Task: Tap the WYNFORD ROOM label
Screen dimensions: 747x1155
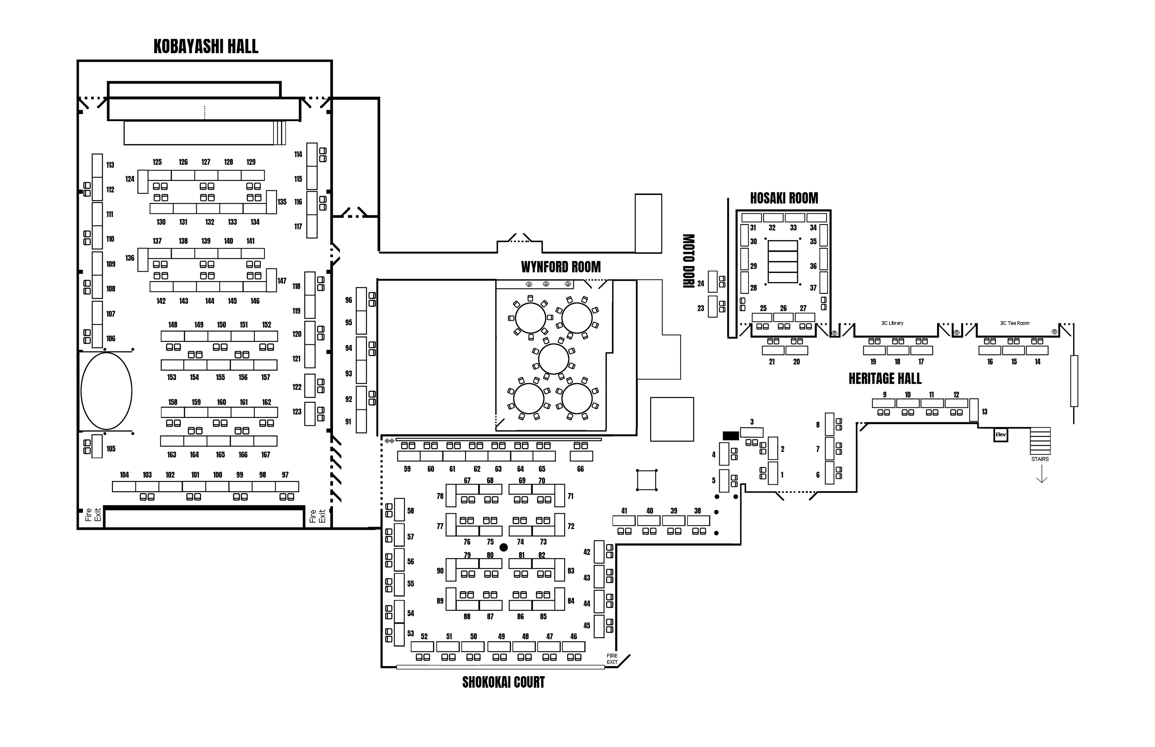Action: coord(561,267)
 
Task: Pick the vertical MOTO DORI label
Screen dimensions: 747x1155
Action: coord(688,261)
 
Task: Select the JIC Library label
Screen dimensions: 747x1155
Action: coord(892,323)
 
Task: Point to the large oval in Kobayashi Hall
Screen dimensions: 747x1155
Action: coord(106,391)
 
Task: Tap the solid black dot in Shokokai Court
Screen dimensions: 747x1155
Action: coord(504,547)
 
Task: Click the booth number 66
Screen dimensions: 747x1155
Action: coord(581,469)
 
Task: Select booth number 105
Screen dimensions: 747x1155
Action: coord(111,449)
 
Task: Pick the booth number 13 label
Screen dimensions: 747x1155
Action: coord(985,412)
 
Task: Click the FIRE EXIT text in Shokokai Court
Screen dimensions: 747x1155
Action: coord(612,659)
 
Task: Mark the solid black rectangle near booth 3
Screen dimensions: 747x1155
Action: coord(730,436)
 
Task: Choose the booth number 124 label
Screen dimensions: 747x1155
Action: coord(130,179)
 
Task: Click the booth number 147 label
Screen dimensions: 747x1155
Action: coord(282,281)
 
